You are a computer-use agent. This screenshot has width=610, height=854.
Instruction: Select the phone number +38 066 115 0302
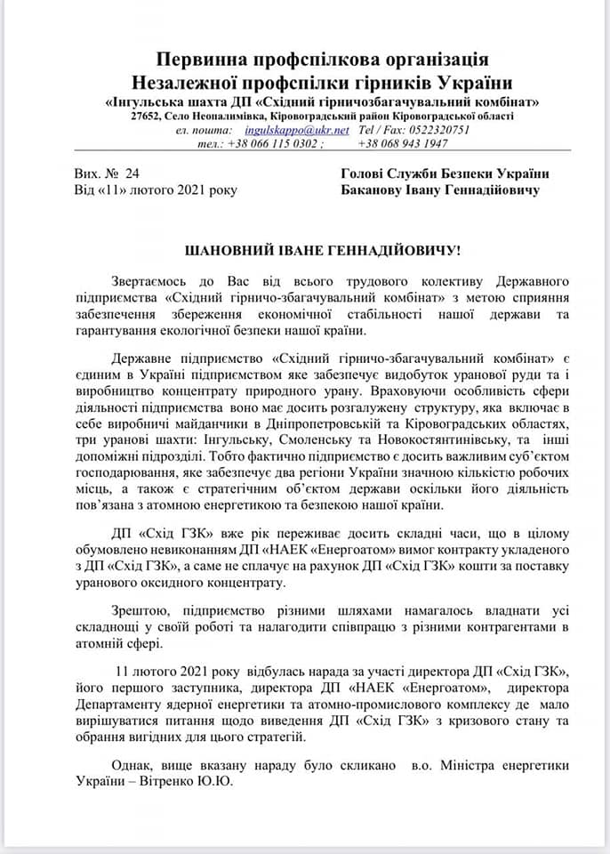pos(272,143)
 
